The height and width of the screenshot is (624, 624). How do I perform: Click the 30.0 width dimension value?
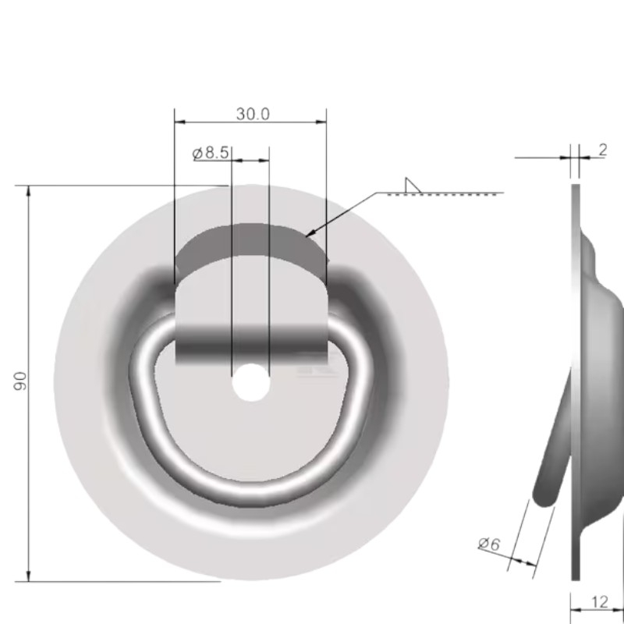[252, 114]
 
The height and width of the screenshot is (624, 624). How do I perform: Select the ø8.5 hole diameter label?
[211, 153]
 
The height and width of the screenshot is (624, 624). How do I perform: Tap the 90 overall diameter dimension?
[21, 381]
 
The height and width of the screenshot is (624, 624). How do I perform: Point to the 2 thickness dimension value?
[603, 151]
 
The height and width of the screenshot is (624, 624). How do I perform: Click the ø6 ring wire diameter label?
[489, 544]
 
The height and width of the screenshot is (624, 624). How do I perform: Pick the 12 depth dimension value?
[600, 601]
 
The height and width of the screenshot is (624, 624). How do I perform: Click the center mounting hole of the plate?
[250, 384]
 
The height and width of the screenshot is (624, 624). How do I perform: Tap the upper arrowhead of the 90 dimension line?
[29, 192]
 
